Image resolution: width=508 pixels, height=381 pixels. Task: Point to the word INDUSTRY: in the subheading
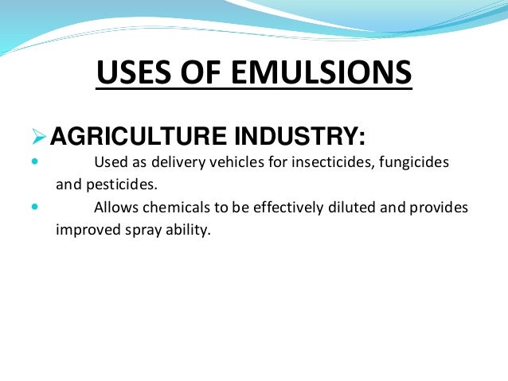pos(288,138)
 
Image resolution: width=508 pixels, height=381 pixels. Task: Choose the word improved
pos(87,231)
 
